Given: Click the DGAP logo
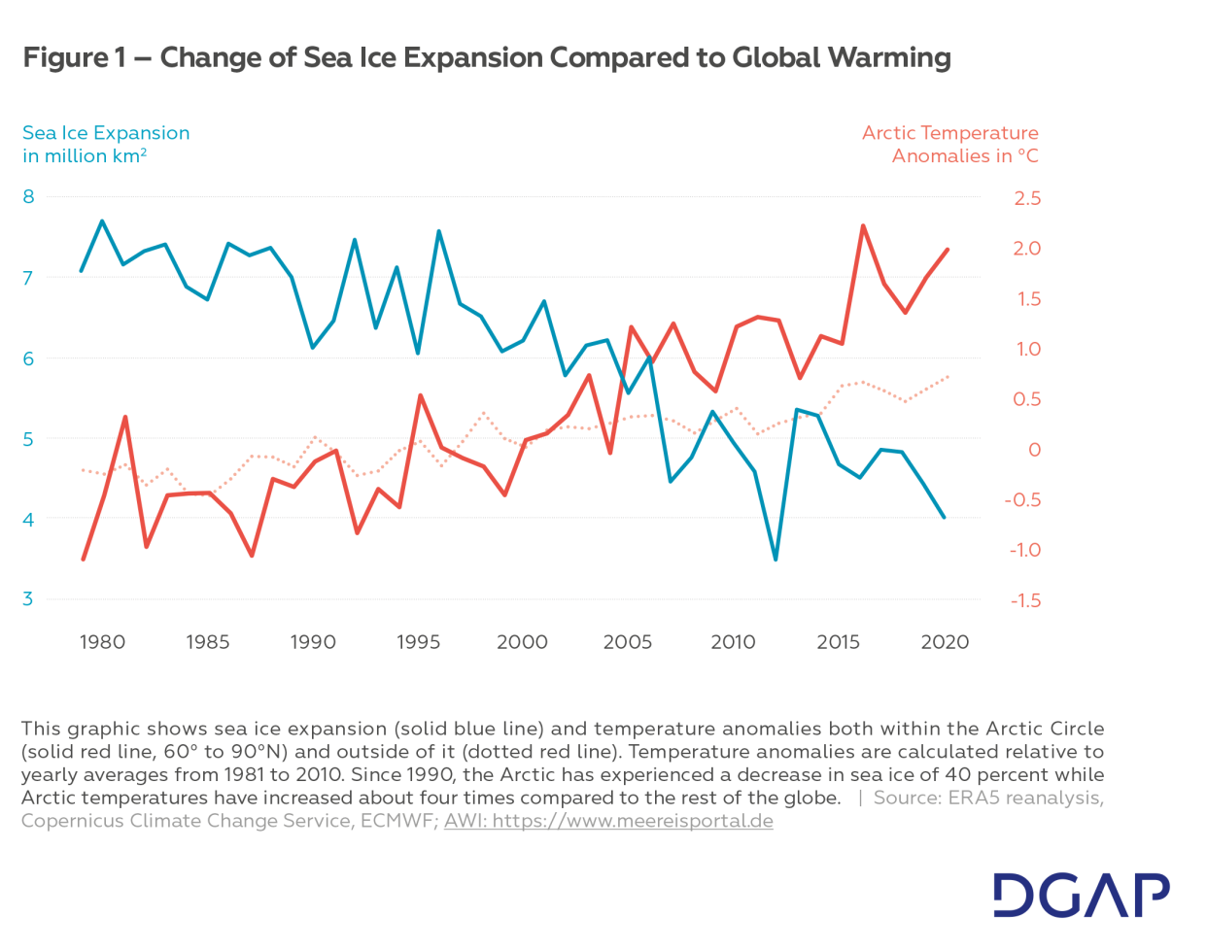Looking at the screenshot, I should (1081, 895).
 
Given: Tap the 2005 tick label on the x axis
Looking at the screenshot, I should (627, 642).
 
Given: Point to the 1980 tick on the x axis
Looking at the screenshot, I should (102, 642).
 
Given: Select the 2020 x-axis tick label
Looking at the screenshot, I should (945, 642).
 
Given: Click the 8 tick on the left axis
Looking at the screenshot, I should (29, 197).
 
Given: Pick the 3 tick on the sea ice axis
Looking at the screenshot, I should (29, 599).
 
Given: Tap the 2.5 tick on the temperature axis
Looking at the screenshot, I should (1026, 198).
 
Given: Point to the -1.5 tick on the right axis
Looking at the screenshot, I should (1025, 600).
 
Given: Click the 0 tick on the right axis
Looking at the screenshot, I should (1034, 450).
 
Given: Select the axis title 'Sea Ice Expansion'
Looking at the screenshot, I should (106, 133).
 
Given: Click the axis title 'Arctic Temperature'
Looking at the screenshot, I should (949, 133).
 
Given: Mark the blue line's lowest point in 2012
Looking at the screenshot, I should (776, 560).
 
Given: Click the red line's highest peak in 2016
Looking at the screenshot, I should (863, 226).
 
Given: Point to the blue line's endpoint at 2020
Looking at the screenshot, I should (944, 517).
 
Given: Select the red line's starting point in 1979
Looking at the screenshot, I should (83, 560).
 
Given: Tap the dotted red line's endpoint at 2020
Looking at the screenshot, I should (948, 377).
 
